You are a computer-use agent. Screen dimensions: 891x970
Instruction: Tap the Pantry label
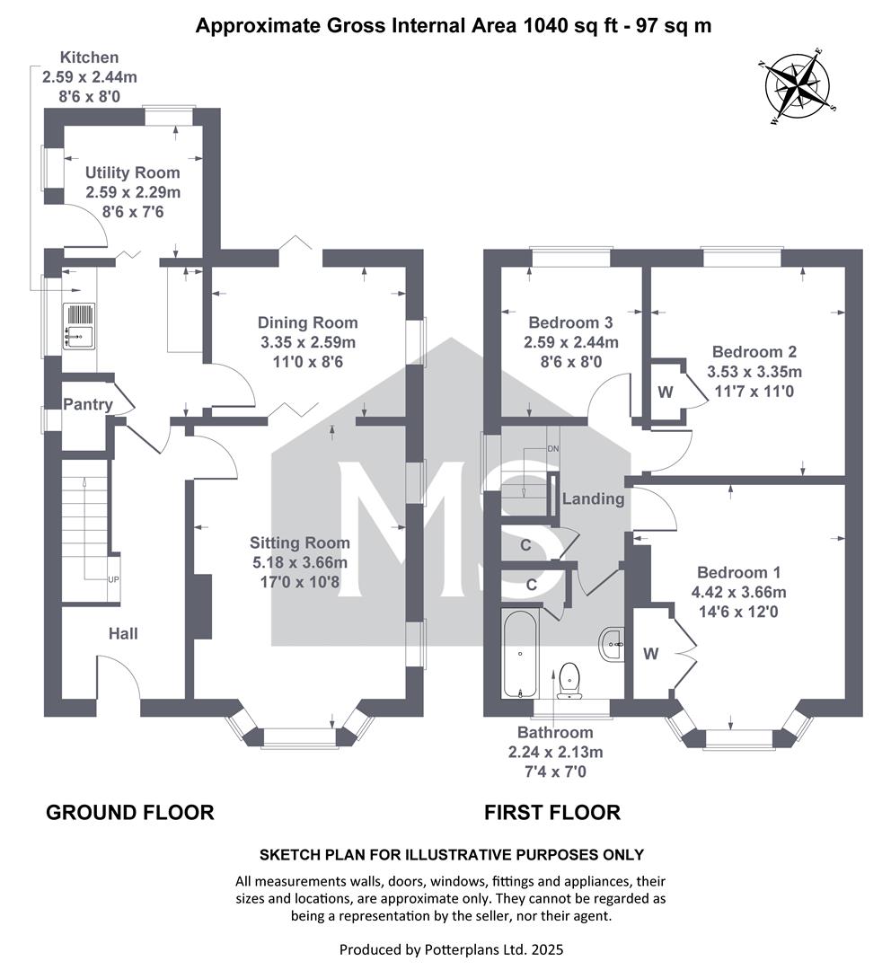tap(88, 404)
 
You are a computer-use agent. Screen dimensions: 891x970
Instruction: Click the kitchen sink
tap(79, 326)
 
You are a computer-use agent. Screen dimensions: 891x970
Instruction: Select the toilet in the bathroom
tap(569, 679)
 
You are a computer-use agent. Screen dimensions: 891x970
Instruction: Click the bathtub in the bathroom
tap(520, 655)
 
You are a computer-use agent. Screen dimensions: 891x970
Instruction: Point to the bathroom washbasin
tap(612, 644)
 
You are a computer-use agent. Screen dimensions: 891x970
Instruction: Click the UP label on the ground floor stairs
tap(114, 579)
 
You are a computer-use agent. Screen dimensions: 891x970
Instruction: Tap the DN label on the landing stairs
tap(552, 448)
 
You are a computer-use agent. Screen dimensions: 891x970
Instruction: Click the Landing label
tap(594, 498)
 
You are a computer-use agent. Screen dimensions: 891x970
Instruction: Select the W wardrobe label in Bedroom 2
tap(666, 392)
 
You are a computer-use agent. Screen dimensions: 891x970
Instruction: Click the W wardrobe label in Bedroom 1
tap(650, 653)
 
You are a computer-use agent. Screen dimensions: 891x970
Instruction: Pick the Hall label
tap(123, 633)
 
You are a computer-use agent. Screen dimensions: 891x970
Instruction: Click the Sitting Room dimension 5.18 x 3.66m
tap(299, 562)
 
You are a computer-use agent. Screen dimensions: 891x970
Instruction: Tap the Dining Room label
tap(307, 322)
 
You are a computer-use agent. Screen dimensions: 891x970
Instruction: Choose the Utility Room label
tap(132, 172)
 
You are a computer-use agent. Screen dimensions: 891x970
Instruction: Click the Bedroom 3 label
tap(570, 322)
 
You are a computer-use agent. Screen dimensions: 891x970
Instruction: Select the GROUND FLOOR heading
tap(130, 812)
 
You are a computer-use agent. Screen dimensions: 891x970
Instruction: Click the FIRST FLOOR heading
tap(551, 812)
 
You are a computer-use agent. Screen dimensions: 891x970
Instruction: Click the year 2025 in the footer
tap(547, 949)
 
